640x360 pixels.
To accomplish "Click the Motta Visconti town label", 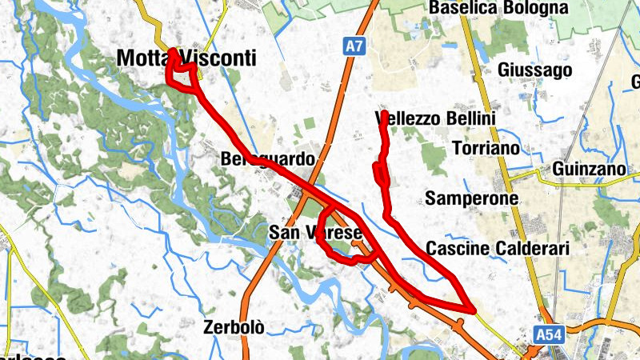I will [175, 58].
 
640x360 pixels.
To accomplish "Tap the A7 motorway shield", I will [354, 48].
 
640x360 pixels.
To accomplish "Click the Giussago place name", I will [534, 70].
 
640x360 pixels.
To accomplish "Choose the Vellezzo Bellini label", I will [436, 119].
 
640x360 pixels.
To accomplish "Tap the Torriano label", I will [485, 149].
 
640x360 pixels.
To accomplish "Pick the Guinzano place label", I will [588, 170].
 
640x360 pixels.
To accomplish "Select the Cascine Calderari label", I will [498, 249].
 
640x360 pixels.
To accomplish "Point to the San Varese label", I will [315, 233].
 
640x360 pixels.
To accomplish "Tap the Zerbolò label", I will [234, 326].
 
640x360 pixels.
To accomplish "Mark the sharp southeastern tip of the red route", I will [472, 308].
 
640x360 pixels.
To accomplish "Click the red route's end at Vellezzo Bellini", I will [384, 115].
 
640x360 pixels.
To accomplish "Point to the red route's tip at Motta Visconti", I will [173, 52].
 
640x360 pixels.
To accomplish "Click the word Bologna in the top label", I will [537, 8].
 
